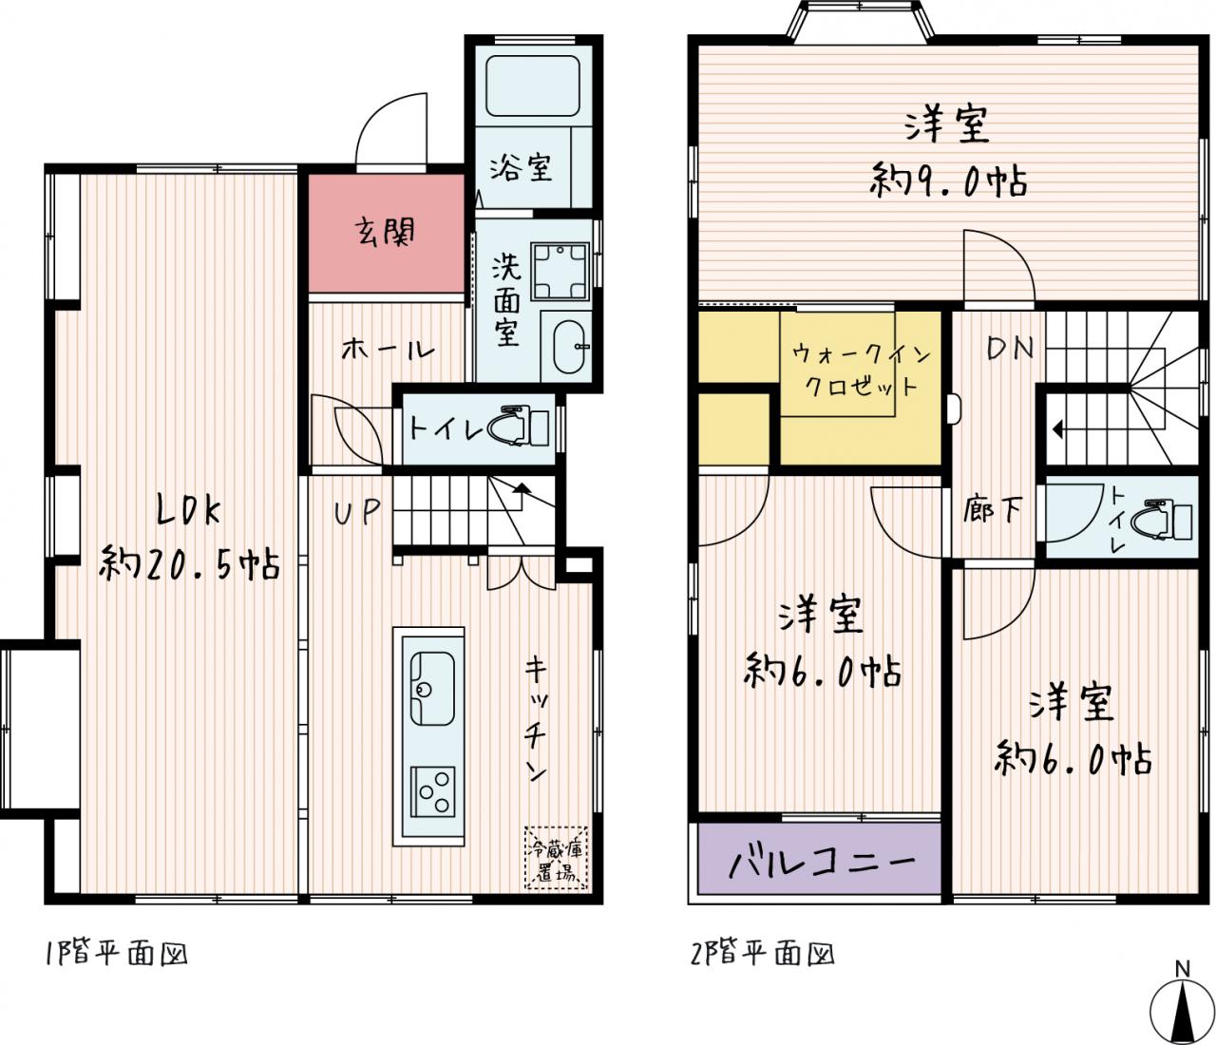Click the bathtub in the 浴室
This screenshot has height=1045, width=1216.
coord(532,85)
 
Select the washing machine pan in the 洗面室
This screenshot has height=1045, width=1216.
coord(560,272)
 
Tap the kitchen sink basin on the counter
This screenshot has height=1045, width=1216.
coord(432,688)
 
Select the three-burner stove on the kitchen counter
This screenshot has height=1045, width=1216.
coord(432,792)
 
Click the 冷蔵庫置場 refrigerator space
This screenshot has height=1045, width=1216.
coord(556,858)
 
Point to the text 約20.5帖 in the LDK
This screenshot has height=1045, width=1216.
coord(189,563)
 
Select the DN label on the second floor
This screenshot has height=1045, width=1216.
coord(1010,349)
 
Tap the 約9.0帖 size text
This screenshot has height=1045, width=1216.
coord(948,180)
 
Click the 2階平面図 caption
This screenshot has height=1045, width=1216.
coord(763,954)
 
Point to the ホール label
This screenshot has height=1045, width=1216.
coord(387,350)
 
